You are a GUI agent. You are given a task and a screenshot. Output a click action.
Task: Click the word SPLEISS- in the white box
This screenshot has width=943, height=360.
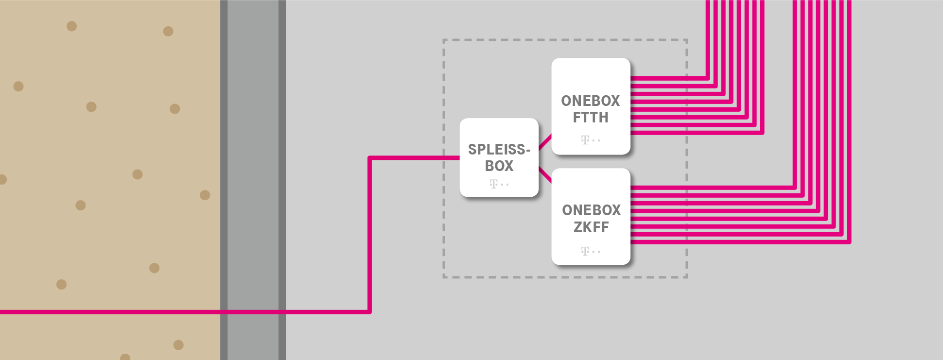(499, 149)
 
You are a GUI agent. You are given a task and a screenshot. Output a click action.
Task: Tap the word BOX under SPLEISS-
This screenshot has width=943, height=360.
(499, 166)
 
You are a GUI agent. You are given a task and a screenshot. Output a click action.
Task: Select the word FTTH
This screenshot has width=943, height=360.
(591, 118)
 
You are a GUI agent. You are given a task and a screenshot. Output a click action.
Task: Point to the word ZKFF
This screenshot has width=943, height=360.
(591, 227)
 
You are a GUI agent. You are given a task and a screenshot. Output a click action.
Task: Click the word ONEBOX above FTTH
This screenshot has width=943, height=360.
(591, 101)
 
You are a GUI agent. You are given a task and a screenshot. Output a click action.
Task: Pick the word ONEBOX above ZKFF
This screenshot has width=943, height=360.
(591, 210)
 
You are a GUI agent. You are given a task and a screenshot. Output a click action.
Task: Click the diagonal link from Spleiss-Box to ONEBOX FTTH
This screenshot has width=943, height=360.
(545, 142)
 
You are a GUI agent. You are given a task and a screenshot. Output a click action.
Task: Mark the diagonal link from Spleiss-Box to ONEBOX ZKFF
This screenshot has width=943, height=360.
(545, 175)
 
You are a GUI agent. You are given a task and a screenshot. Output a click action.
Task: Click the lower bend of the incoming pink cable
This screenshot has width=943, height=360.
(369, 311)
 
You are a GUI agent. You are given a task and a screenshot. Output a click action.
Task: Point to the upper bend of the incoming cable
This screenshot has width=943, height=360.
(370, 158)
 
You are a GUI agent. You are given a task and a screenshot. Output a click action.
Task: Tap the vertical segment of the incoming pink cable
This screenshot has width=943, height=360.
(370, 233)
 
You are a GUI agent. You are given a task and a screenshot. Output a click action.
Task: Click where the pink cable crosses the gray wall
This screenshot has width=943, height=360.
(253, 312)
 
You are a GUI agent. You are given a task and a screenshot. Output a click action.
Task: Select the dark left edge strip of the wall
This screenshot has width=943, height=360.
(224, 146)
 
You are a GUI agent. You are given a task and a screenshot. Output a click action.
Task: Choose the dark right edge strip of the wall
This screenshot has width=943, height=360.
(282, 146)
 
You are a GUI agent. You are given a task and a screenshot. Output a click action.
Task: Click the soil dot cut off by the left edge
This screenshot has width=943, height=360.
(2, 179)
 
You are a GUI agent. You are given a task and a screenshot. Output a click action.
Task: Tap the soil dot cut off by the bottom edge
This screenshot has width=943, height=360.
(125, 357)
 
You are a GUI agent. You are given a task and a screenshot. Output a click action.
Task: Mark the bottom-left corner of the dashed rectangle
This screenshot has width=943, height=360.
(444, 277)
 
